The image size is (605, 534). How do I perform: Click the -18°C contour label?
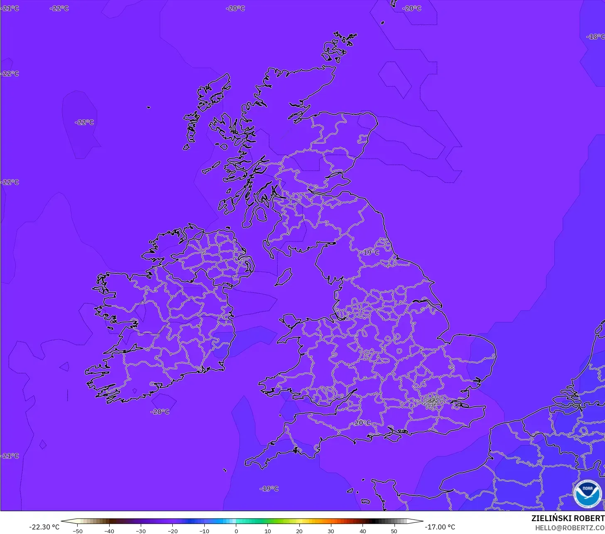click(595, 37)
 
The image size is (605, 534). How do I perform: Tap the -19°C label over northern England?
click(370, 252)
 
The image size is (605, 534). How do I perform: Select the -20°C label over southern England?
click(362, 422)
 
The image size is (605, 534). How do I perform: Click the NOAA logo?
click(587, 494)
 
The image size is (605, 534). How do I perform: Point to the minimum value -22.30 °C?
click(44, 527)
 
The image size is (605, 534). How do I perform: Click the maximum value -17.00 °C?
click(440, 527)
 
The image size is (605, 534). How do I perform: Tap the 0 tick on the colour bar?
click(236, 531)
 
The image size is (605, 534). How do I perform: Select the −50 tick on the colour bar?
click(77, 531)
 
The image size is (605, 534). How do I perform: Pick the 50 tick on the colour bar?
click(394, 531)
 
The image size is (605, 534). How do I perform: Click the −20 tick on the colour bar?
click(172, 531)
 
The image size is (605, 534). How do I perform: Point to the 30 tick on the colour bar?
click(331, 531)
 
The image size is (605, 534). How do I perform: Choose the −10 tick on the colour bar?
click(204, 531)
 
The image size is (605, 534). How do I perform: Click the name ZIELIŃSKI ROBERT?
click(568, 518)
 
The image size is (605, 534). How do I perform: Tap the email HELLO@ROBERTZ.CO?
click(569, 528)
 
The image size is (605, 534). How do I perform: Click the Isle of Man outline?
click(284, 277)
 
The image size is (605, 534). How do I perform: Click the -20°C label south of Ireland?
click(160, 412)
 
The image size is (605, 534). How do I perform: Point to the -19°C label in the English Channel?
click(269, 488)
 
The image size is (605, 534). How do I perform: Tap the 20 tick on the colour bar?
click(299, 531)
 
